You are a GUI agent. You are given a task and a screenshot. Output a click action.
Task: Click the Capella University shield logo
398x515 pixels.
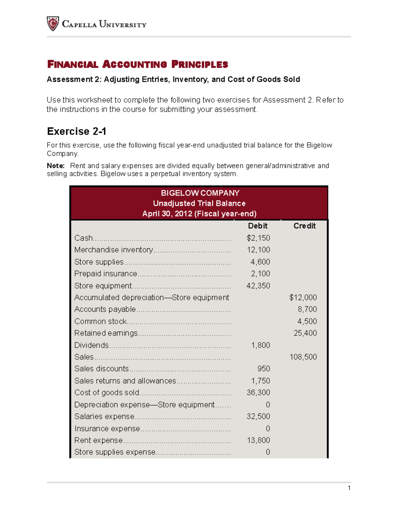pos(53,24)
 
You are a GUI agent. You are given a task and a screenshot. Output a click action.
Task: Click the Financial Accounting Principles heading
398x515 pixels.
pos(138,64)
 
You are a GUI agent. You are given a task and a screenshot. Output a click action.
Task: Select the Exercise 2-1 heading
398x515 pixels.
pos(77,131)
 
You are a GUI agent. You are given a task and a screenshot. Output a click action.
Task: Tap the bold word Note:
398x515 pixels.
pos(56,166)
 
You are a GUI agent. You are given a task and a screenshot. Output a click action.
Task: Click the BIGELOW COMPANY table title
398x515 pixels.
pos(200,193)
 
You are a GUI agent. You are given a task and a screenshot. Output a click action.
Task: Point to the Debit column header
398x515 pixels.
pos(257,226)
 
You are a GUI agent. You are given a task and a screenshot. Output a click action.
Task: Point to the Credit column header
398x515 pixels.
pos(304,226)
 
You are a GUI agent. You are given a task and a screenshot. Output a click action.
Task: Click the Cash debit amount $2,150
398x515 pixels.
pos(258,238)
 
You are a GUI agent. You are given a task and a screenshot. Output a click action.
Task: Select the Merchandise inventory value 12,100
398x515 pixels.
pos(258,250)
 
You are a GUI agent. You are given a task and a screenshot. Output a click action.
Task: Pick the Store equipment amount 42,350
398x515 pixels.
pos(258,286)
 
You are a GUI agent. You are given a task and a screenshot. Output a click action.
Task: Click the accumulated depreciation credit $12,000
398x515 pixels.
pos(303,297)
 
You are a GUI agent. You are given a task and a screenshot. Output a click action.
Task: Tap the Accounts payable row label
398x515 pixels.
pos(105,309)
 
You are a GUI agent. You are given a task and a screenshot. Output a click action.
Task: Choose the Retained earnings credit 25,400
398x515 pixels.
pos(305,333)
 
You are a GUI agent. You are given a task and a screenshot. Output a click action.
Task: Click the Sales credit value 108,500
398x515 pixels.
pos(303,357)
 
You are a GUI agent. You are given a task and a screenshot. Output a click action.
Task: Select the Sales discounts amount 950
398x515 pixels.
pos(264,369)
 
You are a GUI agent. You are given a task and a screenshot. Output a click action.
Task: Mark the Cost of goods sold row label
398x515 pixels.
pos(107,393)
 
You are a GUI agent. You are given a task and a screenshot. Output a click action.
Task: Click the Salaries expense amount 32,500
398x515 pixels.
pos(258,417)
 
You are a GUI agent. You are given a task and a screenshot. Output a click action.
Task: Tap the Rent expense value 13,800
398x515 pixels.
pos(258,440)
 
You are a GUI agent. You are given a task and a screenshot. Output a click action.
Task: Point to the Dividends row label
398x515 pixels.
pos(92,345)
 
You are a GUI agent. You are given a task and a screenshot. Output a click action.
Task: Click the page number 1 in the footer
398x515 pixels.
pos(349,488)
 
